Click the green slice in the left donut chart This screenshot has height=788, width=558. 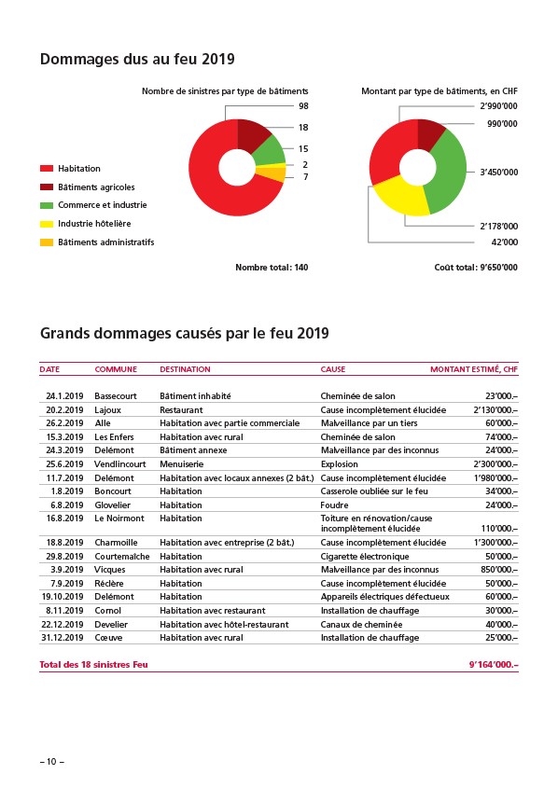pyautogui.click(x=270, y=150)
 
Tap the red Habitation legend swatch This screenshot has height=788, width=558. pyautogui.click(x=47, y=169)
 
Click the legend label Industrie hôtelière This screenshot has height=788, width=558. pyautogui.click(x=94, y=224)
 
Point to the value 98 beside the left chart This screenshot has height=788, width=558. pyautogui.click(x=303, y=106)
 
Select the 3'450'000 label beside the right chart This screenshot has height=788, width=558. pyautogui.click(x=498, y=173)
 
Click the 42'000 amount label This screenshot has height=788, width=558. pyautogui.click(x=504, y=242)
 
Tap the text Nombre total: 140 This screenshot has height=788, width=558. pyautogui.click(x=272, y=268)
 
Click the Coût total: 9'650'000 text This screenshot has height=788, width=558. pyautogui.click(x=476, y=268)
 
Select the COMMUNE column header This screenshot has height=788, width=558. pyautogui.click(x=116, y=369)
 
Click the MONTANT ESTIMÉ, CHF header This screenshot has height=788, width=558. pyautogui.click(x=473, y=369)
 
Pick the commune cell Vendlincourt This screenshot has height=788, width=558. pyautogui.click(x=120, y=464)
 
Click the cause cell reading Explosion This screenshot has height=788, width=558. pyautogui.click(x=340, y=464)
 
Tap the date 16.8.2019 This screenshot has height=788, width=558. pyautogui.click(x=64, y=518)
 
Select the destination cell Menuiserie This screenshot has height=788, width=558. pyautogui.click(x=181, y=464)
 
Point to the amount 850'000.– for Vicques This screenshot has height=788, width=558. pyautogui.click(x=499, y=570)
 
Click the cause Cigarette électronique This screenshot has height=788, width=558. pyautogui.click(x=365, y=557)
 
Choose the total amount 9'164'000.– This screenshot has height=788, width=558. pyautogui.click(x=494, y=665)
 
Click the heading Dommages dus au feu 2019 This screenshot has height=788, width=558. pyautogui.click(x=137, y=60)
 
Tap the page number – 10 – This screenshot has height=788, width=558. pyautogui.click(x=52, y=762)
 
